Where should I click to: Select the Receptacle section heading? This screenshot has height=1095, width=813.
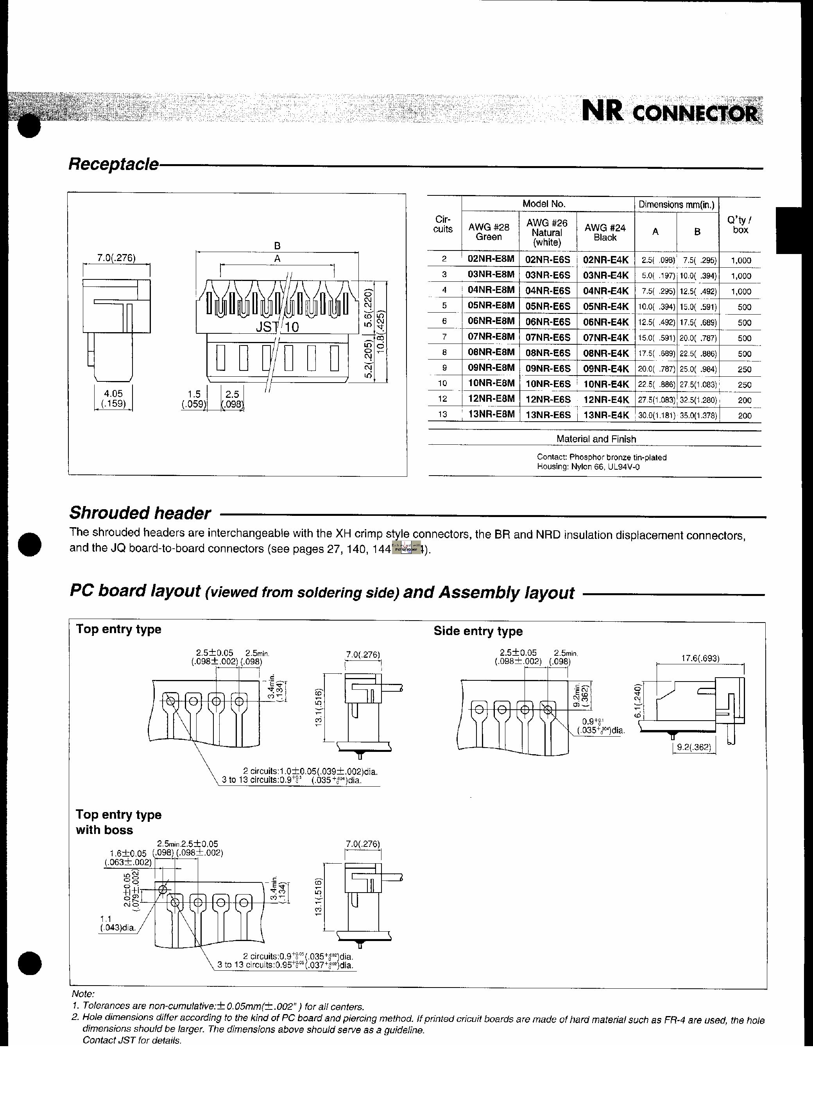[113, 164]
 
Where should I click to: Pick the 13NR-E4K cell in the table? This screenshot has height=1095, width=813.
[606, 415]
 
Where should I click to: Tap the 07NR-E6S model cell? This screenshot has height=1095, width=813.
[548, 338]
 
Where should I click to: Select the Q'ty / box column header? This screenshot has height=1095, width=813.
[739, 225]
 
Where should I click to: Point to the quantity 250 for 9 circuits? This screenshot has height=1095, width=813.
[744, 369]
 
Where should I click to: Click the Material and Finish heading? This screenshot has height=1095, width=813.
[596, 439]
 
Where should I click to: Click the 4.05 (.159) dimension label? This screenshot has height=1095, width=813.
[113, 399]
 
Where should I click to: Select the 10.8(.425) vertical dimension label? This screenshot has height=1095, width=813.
[380, 332]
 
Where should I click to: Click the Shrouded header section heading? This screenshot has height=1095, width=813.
[140, 513]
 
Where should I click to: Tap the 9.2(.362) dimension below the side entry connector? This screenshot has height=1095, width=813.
[693, 747]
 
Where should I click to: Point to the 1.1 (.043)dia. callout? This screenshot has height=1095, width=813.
[118, 923]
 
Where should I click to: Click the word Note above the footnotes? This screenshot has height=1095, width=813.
[83, 994]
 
